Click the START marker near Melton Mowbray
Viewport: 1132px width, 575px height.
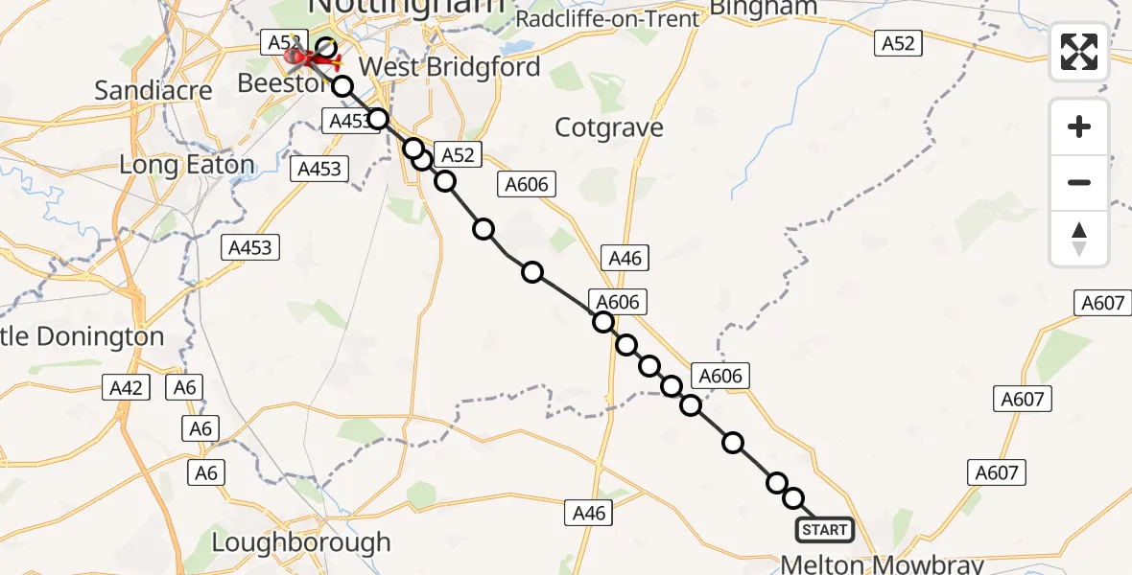(x=824, y=530)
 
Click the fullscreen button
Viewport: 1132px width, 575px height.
(x=1079, y=52)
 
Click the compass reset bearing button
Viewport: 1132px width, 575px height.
(x=1079, y=239)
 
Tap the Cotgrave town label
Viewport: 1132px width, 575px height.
(x=610, y=127)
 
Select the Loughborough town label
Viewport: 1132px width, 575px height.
(x=300, y=542)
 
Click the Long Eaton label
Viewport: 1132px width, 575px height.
(x=187, y=165)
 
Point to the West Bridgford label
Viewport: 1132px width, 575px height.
(x=449, y=67)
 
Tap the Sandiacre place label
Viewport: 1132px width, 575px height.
(x=153, y=91)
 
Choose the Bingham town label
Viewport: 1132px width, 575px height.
(x=765, y=9)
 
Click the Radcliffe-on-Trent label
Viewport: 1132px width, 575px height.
(x=607, y=19)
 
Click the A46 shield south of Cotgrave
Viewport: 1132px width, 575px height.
(x=625, y=257)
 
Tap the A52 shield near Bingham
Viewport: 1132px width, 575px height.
(x=898, y=42)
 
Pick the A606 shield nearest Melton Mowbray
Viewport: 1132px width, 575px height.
(x=720, y=376)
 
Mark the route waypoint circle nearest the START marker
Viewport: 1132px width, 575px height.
(x=793, y=498)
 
